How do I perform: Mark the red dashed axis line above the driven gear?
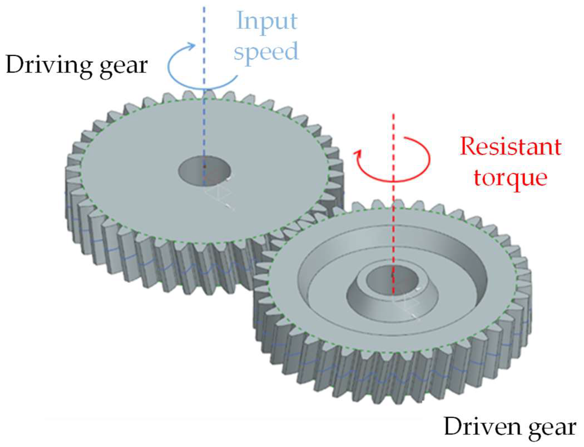coord(393,127)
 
